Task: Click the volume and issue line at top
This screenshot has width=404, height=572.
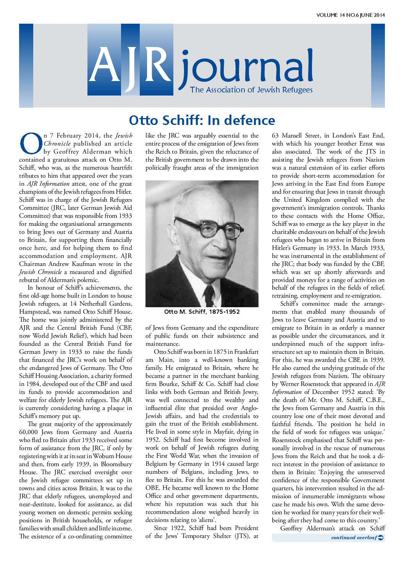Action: point(350,15)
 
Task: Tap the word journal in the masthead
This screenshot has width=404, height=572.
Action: point(246,69)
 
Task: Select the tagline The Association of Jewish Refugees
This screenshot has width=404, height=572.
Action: point(251,90)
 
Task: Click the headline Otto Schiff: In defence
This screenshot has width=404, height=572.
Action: point(202,120)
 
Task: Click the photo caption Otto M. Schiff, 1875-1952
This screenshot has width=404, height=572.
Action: point(202,312)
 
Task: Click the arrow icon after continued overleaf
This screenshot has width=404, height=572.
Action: point(381,538)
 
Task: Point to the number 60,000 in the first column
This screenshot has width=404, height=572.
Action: point(32,432)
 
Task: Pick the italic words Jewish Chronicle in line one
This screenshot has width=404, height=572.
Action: point(124,136)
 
